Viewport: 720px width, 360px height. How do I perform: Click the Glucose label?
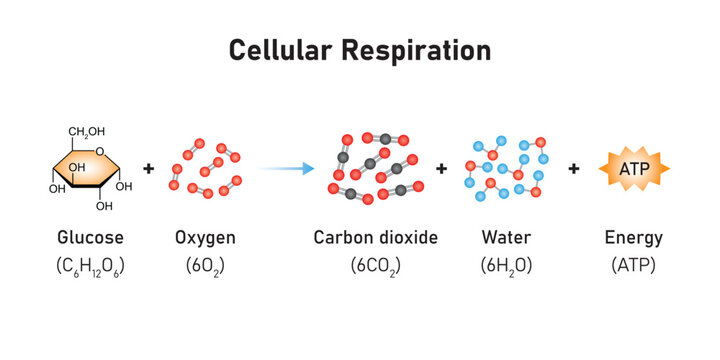coord(91,238)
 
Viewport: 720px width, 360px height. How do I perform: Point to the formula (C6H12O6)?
coord(91,267)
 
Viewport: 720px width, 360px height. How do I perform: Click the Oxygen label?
coord(205,238)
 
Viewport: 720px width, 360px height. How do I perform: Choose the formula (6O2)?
coord(205,267)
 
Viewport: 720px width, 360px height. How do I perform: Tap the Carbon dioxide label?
coord(376,238)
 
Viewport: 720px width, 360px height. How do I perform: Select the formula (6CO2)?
coord(376,267)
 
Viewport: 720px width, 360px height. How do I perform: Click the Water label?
coord(506,238)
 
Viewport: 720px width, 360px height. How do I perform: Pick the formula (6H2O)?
coord(506,267)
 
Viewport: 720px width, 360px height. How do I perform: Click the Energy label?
coord(634,238)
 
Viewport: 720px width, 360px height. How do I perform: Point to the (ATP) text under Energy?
coord(634,267)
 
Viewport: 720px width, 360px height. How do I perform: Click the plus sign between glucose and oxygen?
coord(149,169)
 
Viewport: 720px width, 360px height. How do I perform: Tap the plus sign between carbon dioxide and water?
coord(441,169)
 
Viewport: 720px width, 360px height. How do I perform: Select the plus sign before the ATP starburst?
coord(573,169)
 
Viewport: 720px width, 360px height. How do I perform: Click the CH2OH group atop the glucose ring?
coord(89,131)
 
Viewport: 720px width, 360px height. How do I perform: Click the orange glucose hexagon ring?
coord(90,170)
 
